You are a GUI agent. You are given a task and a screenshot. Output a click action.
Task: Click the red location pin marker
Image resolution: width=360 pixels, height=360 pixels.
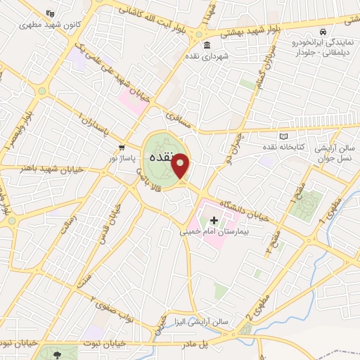click(181, 166)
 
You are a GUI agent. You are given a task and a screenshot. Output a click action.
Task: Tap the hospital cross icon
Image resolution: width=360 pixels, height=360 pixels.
click(214, 220)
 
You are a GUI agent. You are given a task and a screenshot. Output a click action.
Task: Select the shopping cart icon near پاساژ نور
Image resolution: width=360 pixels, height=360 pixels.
click(122, 148)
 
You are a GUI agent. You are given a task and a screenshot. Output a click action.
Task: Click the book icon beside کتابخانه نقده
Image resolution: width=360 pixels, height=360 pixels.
click(283, 136)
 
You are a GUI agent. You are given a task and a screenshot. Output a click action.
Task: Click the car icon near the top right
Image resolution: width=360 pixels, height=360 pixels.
click(321, 32)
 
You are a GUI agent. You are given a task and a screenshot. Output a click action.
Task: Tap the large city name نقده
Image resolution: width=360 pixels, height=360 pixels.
click(161, 159)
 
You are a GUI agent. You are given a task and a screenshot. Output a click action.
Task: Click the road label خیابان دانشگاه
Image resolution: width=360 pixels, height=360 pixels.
click(244, 209)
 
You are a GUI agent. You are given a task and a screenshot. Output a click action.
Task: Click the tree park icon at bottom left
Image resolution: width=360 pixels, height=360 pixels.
click(50, 352)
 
